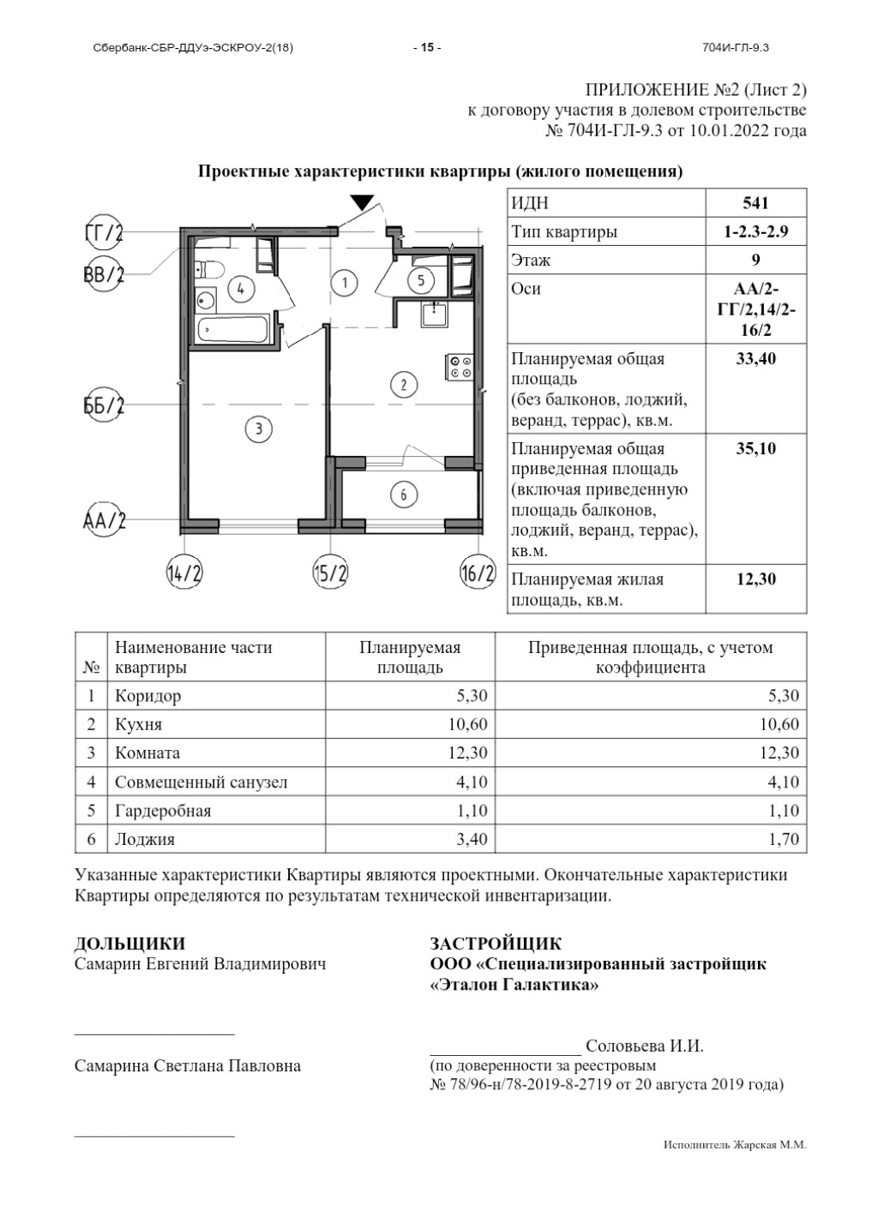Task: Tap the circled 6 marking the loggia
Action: tap(403, 495)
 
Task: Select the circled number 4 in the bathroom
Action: tap(242, 289)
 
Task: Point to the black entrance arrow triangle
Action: tap(363, 202)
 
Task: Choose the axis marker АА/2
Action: tap(104, 519)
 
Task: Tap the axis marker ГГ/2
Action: tap(104, 232)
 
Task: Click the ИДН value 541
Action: tap(755, 203)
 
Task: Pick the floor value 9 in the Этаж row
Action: tap(755, 260)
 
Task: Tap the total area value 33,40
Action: tap(755, 359)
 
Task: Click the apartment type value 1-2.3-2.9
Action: tap(755, 231)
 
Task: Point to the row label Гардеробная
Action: tap(163, 811)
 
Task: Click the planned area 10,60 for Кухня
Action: tap(467, 725)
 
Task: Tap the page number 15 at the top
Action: tap(426, 48)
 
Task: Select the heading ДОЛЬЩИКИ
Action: tap(129, 944)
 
